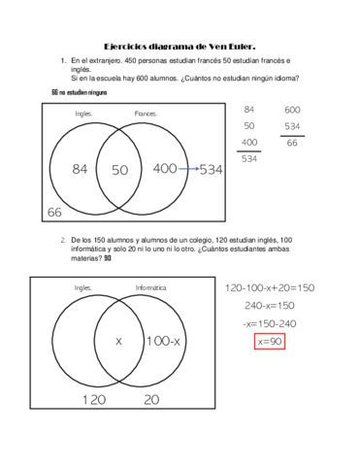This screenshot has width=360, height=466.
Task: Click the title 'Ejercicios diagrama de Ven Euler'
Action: pyautogui.click(x=180, y=46)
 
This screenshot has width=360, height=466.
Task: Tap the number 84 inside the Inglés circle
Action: pyautogui.click(x=81, y=170)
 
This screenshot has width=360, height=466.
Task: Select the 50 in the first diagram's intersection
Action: pyautogui.click(x=119, y=170)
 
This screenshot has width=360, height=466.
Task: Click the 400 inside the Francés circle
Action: pyautogui.click(x=165, y=169)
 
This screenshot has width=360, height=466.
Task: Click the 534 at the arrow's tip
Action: pyautogui.click(x=212, y=170)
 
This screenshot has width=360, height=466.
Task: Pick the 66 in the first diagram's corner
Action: pyautogui.click(x=54, y=212)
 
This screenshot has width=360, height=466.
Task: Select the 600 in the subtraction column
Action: pyautogui.click(x=292, y=110)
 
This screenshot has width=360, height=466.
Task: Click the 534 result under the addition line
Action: pyautogui.click(x=249, y=158)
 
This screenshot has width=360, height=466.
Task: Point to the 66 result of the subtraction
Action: pyautogui.click(x=292, y=143)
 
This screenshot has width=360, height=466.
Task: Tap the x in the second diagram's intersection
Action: pyautogui.click(x=118, y=341)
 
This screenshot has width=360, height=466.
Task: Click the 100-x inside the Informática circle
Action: pyautogui.click(x=163, y=341)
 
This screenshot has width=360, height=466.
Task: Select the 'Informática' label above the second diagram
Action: pyautogui.click(x=150, y=288)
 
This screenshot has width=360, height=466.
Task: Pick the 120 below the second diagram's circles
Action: pyautogui.click(x=93, y=399)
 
